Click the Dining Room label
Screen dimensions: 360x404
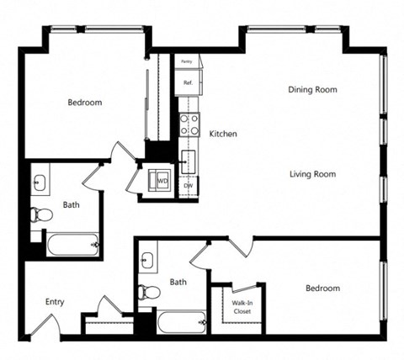[313, 89]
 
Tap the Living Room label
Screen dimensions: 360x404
[312, 174]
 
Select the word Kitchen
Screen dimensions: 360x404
[223, 134]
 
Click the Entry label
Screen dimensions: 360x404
[55, 302]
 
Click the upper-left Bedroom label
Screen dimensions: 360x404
[84, 103]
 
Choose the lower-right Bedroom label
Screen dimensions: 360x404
[322, 289]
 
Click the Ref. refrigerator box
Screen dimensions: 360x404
[187, 82]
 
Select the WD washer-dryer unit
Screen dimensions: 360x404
[160, 181]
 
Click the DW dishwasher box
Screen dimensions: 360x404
[188, 186]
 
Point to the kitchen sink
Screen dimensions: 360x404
[188, 159]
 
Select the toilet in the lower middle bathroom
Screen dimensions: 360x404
[148, 292]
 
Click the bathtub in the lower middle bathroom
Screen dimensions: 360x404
[180, 321]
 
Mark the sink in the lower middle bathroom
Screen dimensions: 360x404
[148, 257]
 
